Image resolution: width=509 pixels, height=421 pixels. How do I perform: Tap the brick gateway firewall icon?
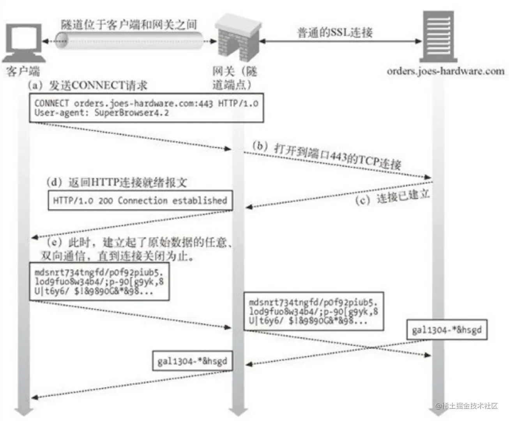(237, 37)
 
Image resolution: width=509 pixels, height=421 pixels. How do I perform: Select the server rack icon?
(438, 36)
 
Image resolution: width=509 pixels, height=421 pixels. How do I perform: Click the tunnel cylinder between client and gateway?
(129, 41)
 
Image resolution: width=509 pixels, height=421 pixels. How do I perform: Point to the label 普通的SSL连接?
(335, 32)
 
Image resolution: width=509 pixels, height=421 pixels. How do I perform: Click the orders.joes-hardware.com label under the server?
(445, 71)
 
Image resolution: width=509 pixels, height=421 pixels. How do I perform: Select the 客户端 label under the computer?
(23, 71)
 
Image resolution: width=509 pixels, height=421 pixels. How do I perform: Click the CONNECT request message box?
(146, 108)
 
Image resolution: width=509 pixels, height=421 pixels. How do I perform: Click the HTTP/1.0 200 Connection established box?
(140, 200)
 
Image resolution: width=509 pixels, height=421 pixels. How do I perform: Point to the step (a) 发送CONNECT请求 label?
(88, 85)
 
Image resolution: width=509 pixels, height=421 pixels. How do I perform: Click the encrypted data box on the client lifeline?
(99, 281)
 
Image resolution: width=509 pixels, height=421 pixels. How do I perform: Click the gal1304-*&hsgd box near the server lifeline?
(447, 330)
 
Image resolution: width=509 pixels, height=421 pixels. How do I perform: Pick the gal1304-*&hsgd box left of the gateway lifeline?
(192, 361)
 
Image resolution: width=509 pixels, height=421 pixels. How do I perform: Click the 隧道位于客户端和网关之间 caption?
(129, 24)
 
